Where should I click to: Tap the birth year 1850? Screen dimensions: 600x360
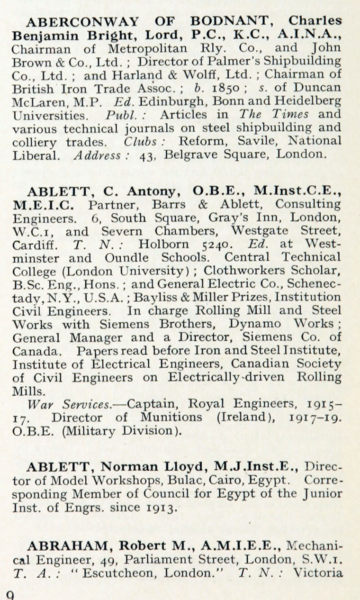[x=223, y=87]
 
